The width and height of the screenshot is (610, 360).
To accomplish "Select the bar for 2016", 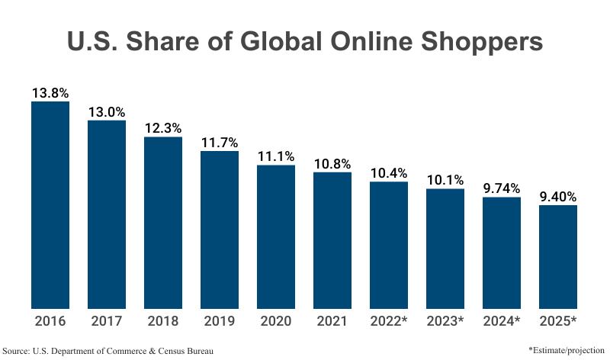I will pyautogui.click(x=50, y=204).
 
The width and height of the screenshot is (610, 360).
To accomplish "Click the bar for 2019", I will pyautogui.click(x=220, y=229).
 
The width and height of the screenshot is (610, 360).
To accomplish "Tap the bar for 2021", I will pyautogui.click(x=332, y=240).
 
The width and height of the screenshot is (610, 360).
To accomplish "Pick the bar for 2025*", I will pyautogui.click(x=558, y=256).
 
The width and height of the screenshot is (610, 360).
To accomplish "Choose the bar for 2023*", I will pyautogui.click(x=445, y=249).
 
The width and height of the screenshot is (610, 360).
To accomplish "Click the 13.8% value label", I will pyautogui.click(x=50, y=93).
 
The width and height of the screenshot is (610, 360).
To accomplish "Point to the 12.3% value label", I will pyautogui.click(x=163, y=128).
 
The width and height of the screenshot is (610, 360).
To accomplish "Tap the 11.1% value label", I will pyautogui.click(x=276, y=156).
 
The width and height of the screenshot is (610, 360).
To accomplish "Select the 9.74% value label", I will pyautogui.click(x=502, y=188).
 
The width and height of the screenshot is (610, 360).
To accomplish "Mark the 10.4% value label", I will pyautogui.click(x=389, y=172).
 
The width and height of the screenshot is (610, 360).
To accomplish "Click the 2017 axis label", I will pyautogui.click(x=107, y=320).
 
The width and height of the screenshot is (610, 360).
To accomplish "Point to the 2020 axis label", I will pyautogui.click(x=276, y=320).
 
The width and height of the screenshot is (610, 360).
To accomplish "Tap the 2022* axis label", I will pyautogui.click(x=389, y=320).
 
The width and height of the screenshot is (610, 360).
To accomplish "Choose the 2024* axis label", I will pyautogui.click(x=502, y=320).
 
